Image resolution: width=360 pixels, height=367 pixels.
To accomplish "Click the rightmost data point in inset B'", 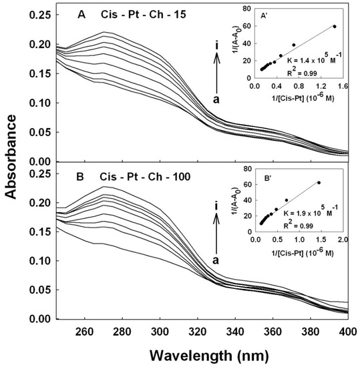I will (x=319, y=183).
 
